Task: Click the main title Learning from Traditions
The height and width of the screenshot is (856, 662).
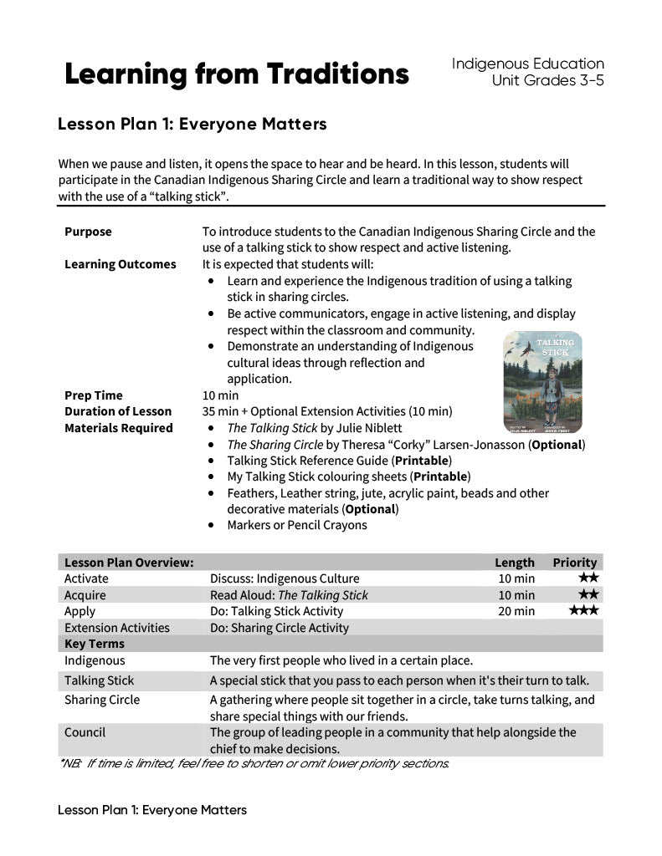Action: pos(237,74)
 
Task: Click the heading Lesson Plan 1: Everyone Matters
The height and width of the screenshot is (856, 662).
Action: pos(192,125)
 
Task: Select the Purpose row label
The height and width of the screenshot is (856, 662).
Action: pos(88,232)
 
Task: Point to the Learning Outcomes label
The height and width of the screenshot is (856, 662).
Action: pos(120,264)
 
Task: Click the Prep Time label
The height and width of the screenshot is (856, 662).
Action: pos(93,395)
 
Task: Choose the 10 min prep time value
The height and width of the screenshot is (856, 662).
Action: pos(220,395)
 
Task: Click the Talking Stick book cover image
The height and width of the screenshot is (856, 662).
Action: pos(542,381)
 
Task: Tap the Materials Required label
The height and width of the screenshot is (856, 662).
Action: pos(118,428)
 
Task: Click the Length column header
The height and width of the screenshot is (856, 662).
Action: pos(514,563)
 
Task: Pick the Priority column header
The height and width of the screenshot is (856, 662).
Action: pos(574,563)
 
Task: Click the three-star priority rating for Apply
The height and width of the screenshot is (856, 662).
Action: pos(583,611)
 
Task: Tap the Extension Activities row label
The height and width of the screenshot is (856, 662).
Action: pos(116,628)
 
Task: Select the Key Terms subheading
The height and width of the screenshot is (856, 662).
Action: pos(94,644)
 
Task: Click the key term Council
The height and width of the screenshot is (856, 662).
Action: pos(85,732)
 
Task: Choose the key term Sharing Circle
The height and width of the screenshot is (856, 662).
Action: pos(102,700)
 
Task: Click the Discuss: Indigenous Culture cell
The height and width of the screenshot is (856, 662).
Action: pos(285,578)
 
